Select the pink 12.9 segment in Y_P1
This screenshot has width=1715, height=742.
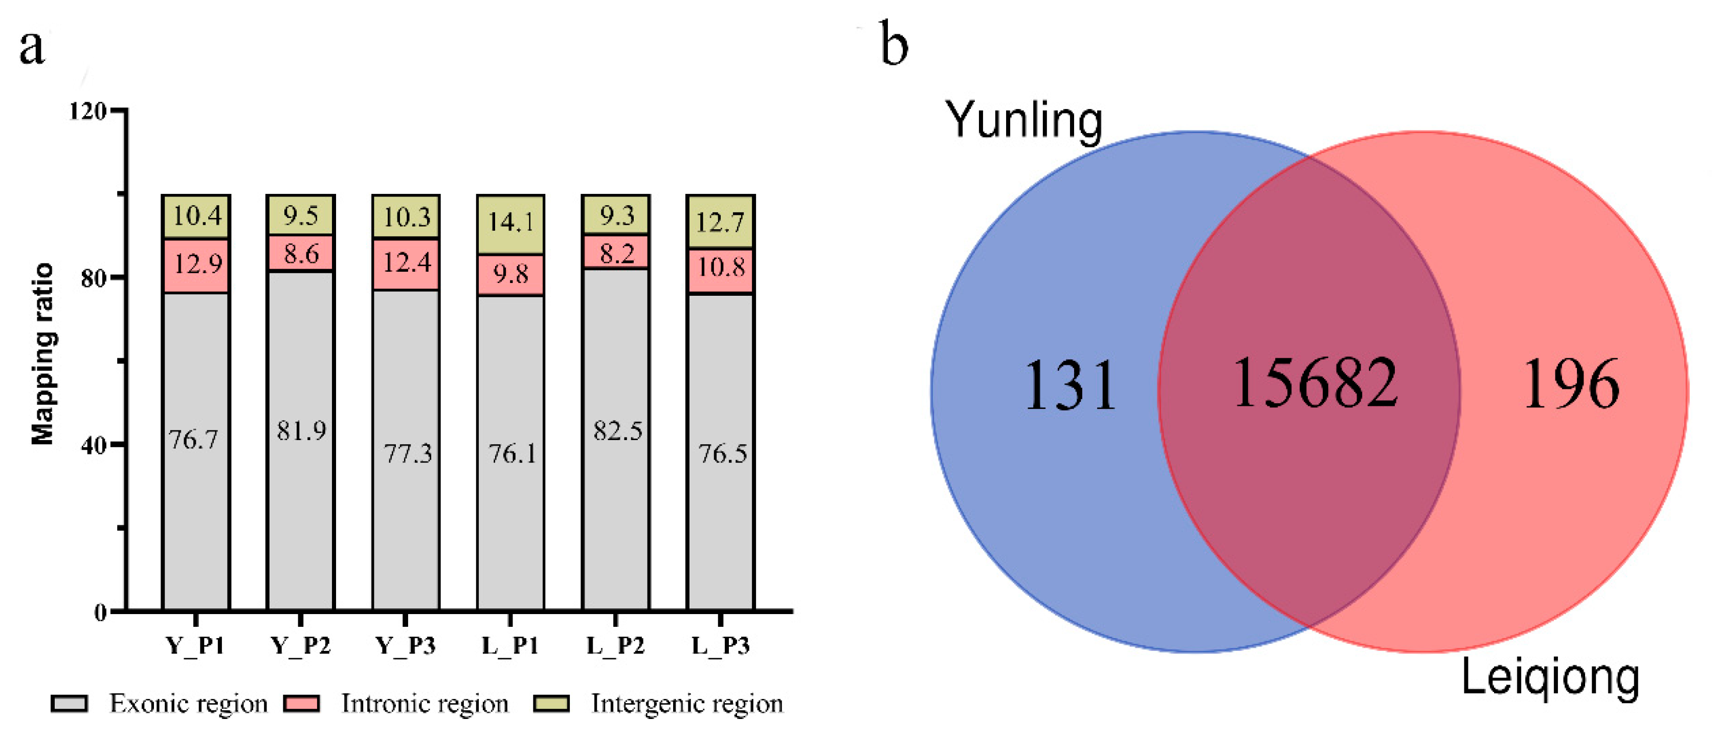pos(197,265)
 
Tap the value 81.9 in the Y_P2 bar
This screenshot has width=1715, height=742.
pos(301,431)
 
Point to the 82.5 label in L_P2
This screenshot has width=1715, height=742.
pos(617,431)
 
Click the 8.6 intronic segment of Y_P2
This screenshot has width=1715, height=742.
pos(301,254)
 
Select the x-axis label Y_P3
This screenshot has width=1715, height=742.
pos(406,645)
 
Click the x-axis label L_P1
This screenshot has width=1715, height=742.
pos(510,645)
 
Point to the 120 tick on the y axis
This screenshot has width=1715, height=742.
pos(88,111)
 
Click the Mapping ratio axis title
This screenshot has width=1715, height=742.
pos(42,354)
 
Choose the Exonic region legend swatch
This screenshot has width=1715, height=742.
pos(69,704)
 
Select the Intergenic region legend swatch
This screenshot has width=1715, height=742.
pos(551,704)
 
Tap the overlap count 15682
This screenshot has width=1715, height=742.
pos(1315,383)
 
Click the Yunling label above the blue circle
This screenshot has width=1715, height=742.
pos(1024,120)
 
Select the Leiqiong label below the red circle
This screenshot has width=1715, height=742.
pos(1550,678)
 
